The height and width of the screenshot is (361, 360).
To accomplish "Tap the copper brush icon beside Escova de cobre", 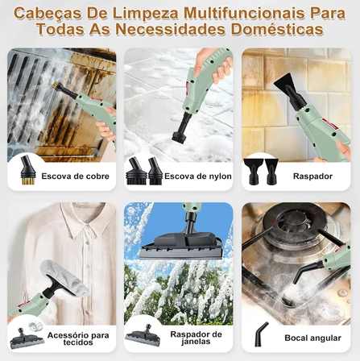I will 25,172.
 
